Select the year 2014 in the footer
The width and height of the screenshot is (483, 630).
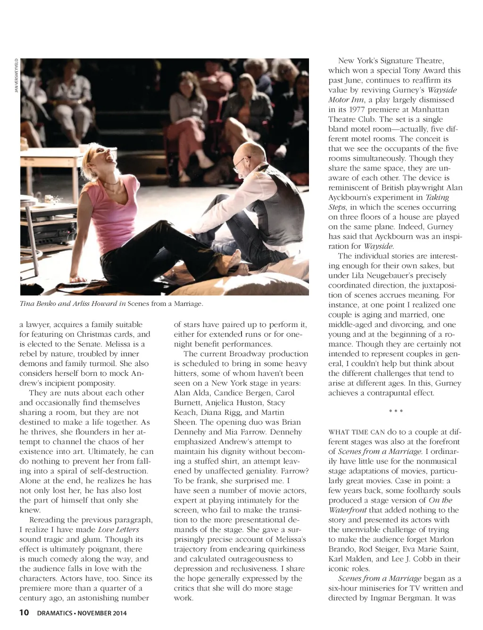[118, 613]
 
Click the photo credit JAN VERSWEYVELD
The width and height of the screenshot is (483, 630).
[17, 75]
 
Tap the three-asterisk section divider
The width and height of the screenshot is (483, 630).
[396, 412]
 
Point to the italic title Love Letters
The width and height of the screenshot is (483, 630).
[118, 529]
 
